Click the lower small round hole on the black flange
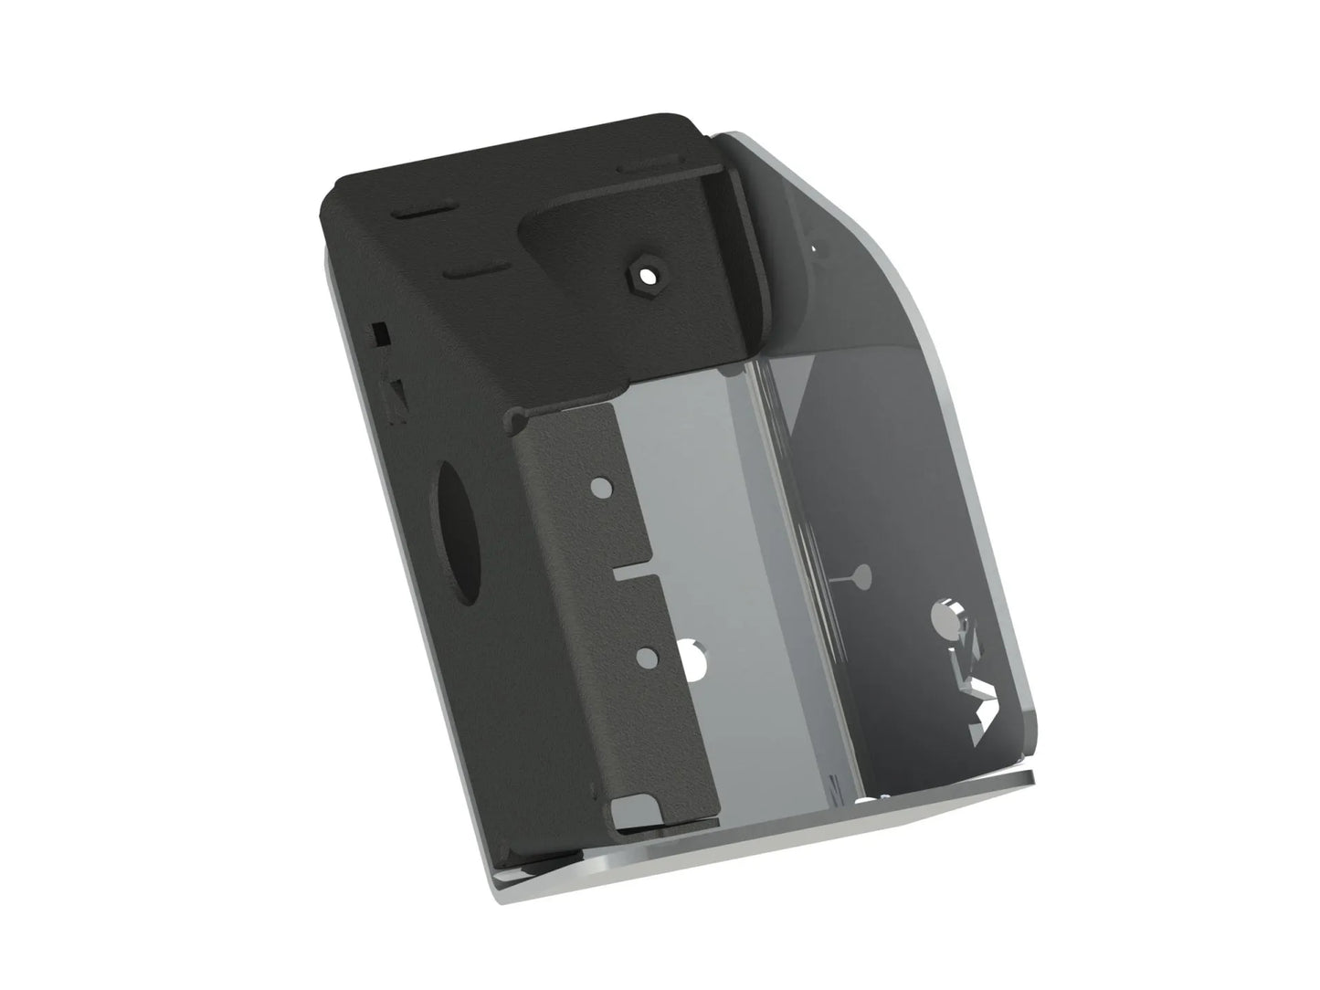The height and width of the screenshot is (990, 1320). point(647,654)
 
